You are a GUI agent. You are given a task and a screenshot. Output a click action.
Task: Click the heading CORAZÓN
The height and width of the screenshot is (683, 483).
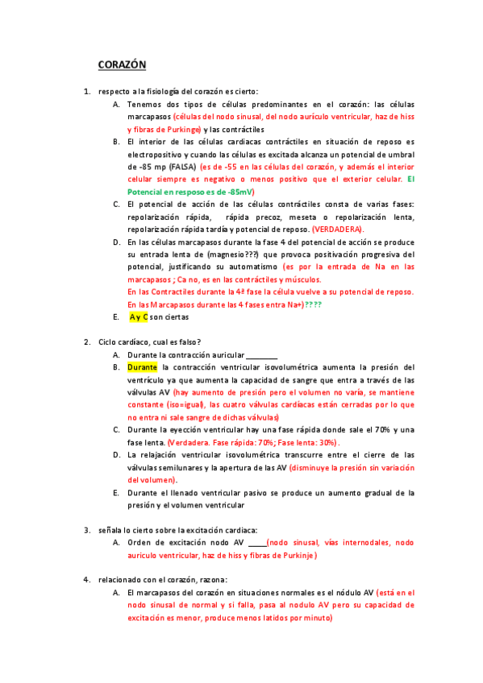click(122, 64)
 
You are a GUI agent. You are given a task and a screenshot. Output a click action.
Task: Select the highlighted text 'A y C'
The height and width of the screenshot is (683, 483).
click(139, 317)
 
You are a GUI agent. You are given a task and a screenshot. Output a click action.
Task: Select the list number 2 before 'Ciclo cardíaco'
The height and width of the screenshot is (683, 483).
click(87, 342)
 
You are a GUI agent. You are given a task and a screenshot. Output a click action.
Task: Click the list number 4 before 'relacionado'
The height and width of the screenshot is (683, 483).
click(87, 580)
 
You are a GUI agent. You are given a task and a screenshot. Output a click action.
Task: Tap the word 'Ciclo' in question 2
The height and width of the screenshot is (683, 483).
click(110, 342)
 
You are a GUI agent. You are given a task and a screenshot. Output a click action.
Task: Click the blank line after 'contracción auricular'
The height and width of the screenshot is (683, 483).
click(261, 355)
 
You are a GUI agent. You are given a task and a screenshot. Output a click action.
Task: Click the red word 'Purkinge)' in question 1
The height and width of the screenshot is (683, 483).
click(179, 129)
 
